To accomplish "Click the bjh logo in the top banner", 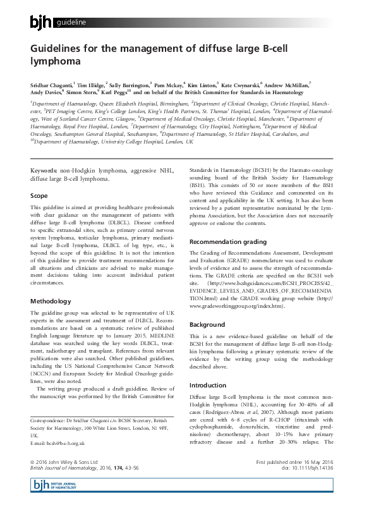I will [x=42, y=23].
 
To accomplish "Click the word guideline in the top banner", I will [x=71, y=24].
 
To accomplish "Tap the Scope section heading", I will [x=39, y=196].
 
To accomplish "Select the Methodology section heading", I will [x=51, y=301].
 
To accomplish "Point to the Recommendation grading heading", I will [x=228, y=241].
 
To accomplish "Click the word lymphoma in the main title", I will [x=56, y=62].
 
